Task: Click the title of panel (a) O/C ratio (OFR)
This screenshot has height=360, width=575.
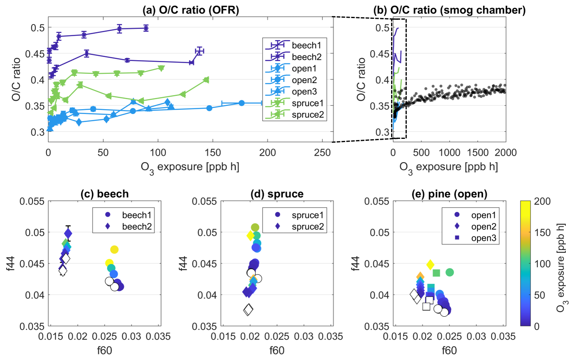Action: click(x=191, y=10)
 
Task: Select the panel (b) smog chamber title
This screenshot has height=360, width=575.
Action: click(x=449, y=10)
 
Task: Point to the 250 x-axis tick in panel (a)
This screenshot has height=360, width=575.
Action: click(x=322, y=153)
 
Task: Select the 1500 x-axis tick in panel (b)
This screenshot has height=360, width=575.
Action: click(x=477, y=153)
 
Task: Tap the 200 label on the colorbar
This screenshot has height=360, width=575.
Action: click(x=542, y=201)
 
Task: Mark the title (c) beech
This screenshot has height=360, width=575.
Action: click(x=104, y=194)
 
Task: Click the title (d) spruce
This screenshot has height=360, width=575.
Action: click(x=277, y=194)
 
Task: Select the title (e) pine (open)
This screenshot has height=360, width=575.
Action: click(x=449, y=194)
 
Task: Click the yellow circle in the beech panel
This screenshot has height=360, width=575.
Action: click(x=114, y=250)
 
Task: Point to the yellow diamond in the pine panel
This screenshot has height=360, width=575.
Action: click(x=430, y=265)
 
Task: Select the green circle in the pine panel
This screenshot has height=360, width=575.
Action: click(x=450, y=273)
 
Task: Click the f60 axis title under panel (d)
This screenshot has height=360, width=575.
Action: click(x=277, y=350)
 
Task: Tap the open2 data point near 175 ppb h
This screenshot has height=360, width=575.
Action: click(x=242, y=103)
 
